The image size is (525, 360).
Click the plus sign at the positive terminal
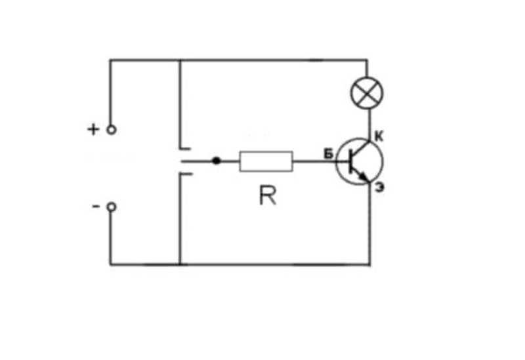[x=93, y=129]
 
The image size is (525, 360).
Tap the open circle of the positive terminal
[x=112, y=129]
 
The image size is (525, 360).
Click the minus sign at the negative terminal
[x=96, y=207]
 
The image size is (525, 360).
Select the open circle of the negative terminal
[x=112, y=207]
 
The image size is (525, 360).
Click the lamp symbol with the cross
[x=367, y=93]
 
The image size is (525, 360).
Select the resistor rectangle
[x=266, y=161]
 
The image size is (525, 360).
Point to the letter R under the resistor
[x=268, y=195]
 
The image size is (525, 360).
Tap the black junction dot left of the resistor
[x=217, y=161]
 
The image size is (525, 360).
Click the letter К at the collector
[x=379, y=136]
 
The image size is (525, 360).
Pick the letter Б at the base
[x=329, y=154]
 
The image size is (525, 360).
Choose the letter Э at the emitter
[x=380, y=188]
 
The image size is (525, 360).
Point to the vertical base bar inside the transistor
[x=351, y=161]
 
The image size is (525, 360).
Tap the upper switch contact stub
[x=185, y=148]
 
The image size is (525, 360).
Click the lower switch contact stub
[x=186, y=174]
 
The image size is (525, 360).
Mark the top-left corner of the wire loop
[x=110, y=60]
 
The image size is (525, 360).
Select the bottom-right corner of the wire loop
[x=369, y=264]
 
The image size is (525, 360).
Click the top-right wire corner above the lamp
[x=367, y=60]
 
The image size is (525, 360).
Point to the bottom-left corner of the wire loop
[x=111, y=264]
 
